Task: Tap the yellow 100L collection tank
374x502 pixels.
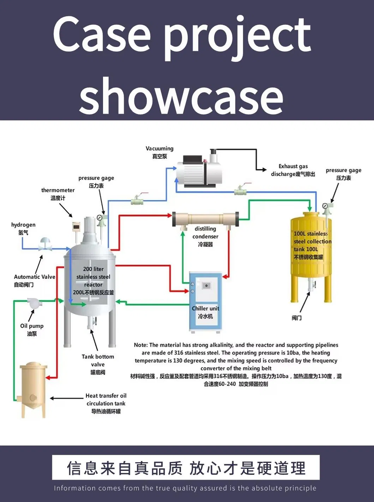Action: coord(310,247)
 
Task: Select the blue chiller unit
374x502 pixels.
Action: coord(206,302)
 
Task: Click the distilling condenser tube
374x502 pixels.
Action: coord(205,219)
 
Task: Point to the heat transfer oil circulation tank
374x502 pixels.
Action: coord(33,388)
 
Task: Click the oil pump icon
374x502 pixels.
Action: coord(33,303)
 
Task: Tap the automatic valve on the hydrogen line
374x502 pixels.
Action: coord(45,244)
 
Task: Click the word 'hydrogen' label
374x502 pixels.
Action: coord(23,225)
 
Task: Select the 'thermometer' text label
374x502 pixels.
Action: coord(58,190)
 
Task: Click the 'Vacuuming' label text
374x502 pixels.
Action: coord(159,149)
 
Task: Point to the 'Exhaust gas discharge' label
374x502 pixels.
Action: coord(293,170)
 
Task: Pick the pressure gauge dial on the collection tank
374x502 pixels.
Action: coord(325,206)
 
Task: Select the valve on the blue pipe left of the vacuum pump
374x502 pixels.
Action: coord(137,200)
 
